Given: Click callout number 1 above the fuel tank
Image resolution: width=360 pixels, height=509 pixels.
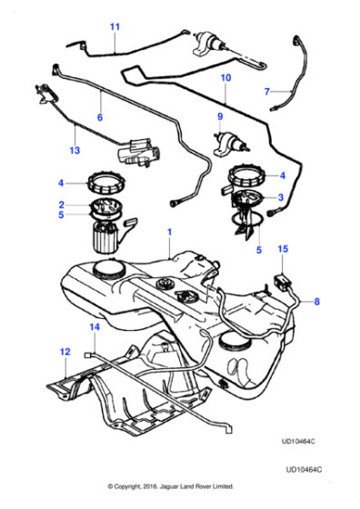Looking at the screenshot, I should (x=167, y=233).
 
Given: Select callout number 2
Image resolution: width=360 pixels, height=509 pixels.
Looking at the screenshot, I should (x=61, y=205).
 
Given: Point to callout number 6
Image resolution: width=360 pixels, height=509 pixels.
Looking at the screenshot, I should (x=100, y=117).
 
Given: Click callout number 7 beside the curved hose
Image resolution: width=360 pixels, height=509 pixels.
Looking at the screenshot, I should (x=266, y=92).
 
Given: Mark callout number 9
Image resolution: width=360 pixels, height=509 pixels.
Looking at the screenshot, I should (x=218, y=117).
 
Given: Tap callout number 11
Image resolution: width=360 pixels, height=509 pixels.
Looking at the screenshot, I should (x=115, y=27).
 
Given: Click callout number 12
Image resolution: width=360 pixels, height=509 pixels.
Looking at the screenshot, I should (x=63, y=351).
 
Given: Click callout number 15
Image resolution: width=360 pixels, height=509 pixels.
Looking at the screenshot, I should (x=283, y=248).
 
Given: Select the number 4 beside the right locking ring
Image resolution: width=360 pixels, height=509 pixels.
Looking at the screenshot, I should (x=283, y=175).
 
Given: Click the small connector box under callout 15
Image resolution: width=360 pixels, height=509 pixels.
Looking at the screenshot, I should (x=281, y=269).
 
